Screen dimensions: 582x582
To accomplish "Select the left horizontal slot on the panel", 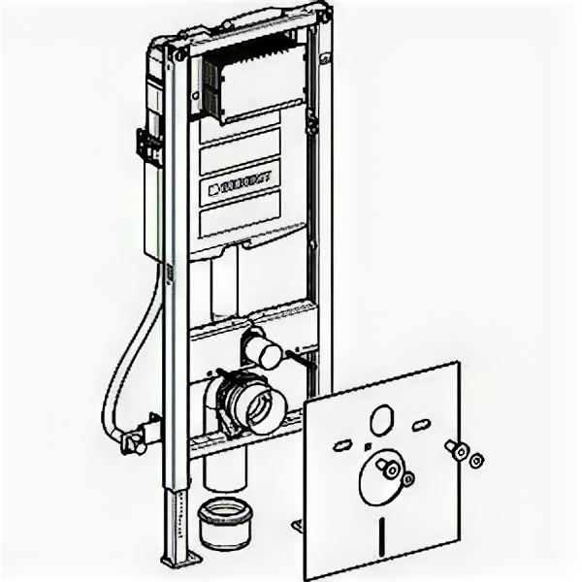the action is tap(342, 446).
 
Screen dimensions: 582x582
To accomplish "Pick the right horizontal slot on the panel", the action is tap(422, 426).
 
